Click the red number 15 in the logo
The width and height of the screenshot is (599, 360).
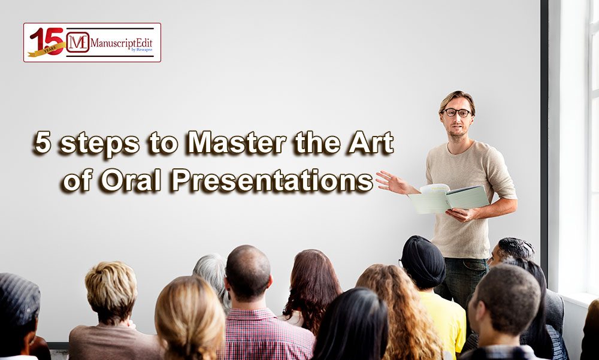click(x=47, y=40)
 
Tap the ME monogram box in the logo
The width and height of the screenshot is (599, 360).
click(x=77, y=42)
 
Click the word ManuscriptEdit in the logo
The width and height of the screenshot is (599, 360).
click(x=122, y=43)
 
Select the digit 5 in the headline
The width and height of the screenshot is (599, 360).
click(x=43, y=143)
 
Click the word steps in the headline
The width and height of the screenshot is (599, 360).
click(x=100, y=144)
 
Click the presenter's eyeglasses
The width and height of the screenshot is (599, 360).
click(x=456, y=113)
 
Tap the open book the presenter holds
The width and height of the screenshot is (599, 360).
click(x=448, y=198)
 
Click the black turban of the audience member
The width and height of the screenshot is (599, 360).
click(x=423, y=262)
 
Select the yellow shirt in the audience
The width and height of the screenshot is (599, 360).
click(x=443, y=321)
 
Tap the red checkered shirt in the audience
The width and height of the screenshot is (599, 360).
click(x=267, y=334)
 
